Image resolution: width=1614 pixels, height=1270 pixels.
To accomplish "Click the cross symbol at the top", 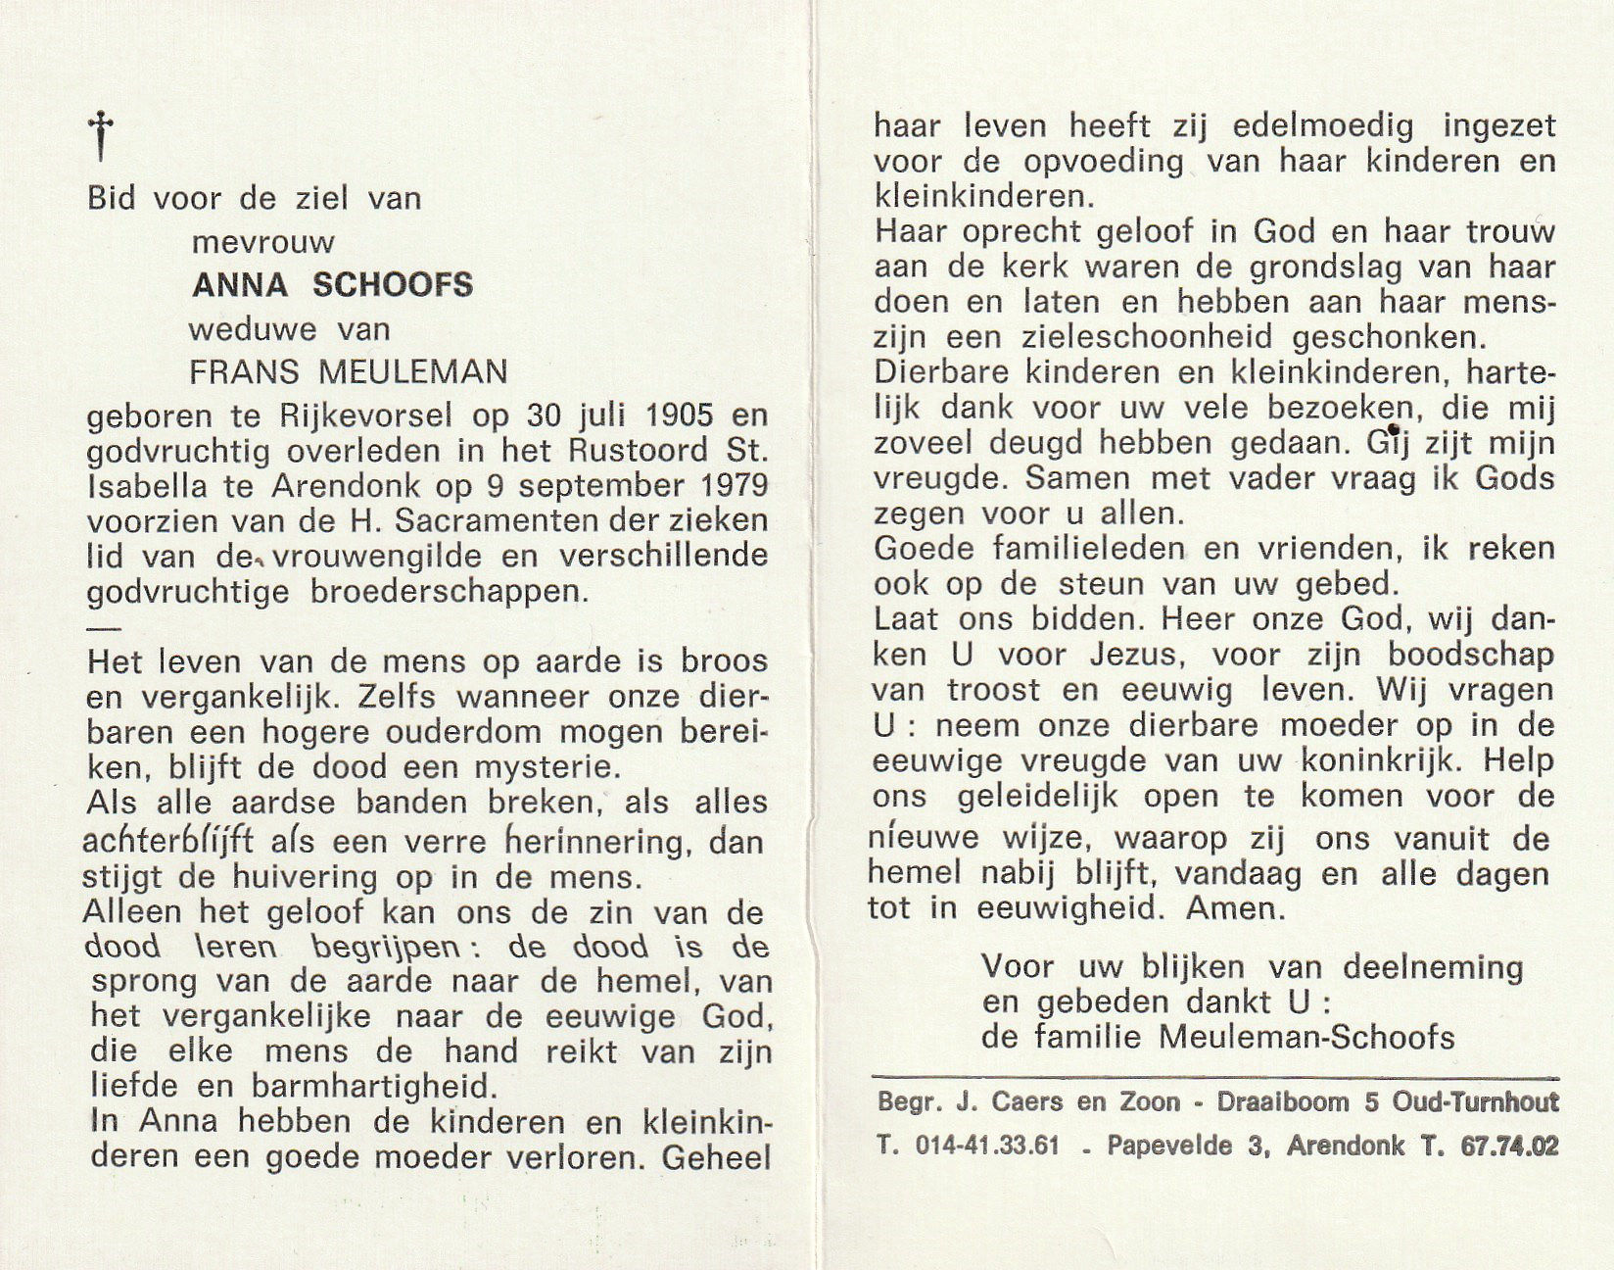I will click(x=101, y=135).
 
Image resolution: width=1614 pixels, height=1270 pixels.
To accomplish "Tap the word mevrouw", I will click(x=263, y=242).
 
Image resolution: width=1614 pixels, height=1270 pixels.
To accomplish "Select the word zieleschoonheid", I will click(x=1142, y=337).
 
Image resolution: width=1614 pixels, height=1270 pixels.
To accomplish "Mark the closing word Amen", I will click(x=1235, y=908).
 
